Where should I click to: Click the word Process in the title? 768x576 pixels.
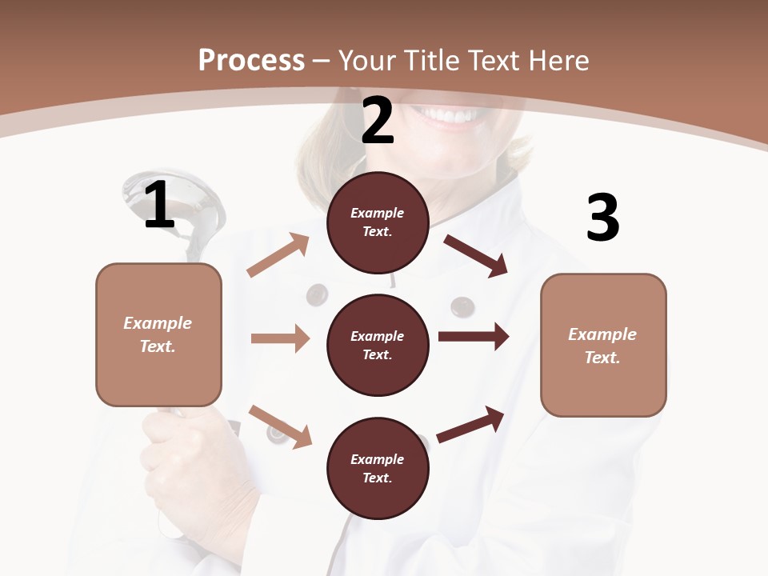[x=251, y=60]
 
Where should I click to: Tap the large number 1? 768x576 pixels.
[x=159, y=205]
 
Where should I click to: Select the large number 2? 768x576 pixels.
[x=378, y=121]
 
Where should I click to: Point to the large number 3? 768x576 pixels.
[x=602, y=218]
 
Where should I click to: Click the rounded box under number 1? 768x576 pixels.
[x=158, y=334]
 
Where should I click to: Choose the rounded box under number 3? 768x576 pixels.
[x=603, y=346]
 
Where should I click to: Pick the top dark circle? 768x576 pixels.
[x=378, y=222]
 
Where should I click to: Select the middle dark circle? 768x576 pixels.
[x=378, y=345]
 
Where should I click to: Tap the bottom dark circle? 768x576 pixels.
[x=378, y=468]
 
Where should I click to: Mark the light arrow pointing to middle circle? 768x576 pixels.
[x=280, y=338]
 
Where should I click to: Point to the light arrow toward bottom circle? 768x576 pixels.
[x=280, y=426]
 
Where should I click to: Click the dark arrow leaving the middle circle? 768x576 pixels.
[x=473, y=336]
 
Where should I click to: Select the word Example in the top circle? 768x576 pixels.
[x=378, y=213]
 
